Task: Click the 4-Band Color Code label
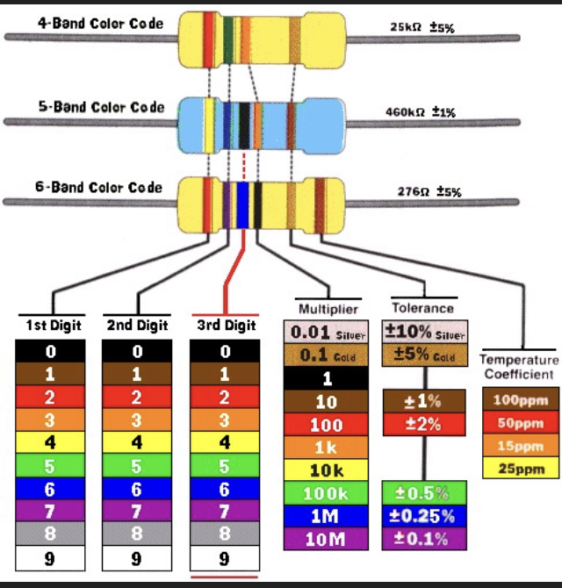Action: click(100, 24)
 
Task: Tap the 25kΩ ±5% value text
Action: click(422, 27)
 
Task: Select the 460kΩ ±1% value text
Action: click(421, 111)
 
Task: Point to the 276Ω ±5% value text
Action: click(429, 191)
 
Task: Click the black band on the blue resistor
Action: click(244, 126)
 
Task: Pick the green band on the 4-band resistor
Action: click(228, 40)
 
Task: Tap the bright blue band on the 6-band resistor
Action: click(242, 204)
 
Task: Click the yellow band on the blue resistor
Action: click(209, 125)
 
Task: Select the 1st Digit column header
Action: click(54, 325)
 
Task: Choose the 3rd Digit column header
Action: click(227, 325)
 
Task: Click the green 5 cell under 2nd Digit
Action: click(137, 465)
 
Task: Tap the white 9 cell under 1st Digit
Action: click(50, 558)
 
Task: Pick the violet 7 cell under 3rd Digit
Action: click(225, 511)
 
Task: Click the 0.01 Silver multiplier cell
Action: click(326, 332)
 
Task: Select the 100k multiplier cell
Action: click(326, 493)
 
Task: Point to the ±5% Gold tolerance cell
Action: click(425, 355)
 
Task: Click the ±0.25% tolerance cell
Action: click(424, 516)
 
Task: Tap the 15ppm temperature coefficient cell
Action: click(521, 446)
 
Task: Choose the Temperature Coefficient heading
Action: click(519, 367)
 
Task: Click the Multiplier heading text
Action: click(328, 309)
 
